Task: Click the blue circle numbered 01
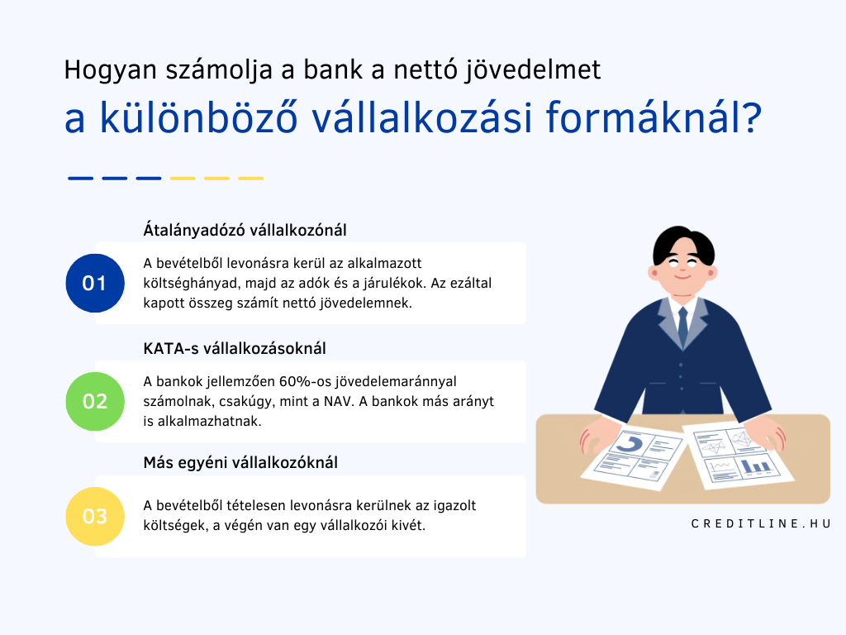tap(95, 283)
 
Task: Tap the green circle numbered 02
tap(95, 401)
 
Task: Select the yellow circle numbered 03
tap(95, 516)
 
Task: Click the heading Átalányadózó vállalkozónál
tap(245, 230)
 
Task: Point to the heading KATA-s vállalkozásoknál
tap(235, 348)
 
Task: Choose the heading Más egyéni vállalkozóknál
tap(240, 463)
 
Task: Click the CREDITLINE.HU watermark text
tap(761, 523)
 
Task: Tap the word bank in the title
tap(332, 69)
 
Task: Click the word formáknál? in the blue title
tap(654, 117)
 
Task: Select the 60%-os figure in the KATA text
tap(305, 381)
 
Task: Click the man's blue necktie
tap(683, 327)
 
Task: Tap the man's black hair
tap(683, 245)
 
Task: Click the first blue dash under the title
tap(80, 179)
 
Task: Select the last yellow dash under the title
tap(251, 179)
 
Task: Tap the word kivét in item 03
tap(411, 525)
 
